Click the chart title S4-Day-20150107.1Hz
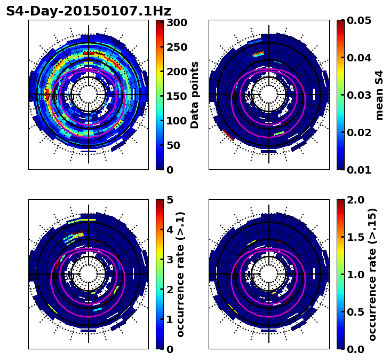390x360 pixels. (89, 11)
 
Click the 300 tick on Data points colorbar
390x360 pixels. (177, 22)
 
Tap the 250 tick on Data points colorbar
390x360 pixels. (177, 47)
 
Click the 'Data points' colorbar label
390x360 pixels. (195, 95)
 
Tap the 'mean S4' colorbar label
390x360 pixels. (379, 95)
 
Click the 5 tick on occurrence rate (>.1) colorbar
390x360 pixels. (170, 200)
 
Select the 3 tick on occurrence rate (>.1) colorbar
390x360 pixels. (170, 260)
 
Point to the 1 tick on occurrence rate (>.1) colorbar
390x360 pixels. (170, 319)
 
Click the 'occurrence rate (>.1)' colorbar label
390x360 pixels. (180, 275)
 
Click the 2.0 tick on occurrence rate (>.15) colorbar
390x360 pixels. (354, 200)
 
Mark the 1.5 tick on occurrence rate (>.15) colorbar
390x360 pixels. (354, 237)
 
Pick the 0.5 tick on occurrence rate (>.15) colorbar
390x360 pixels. (354, 312)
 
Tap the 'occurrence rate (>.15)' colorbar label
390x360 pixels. (372, 275)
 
